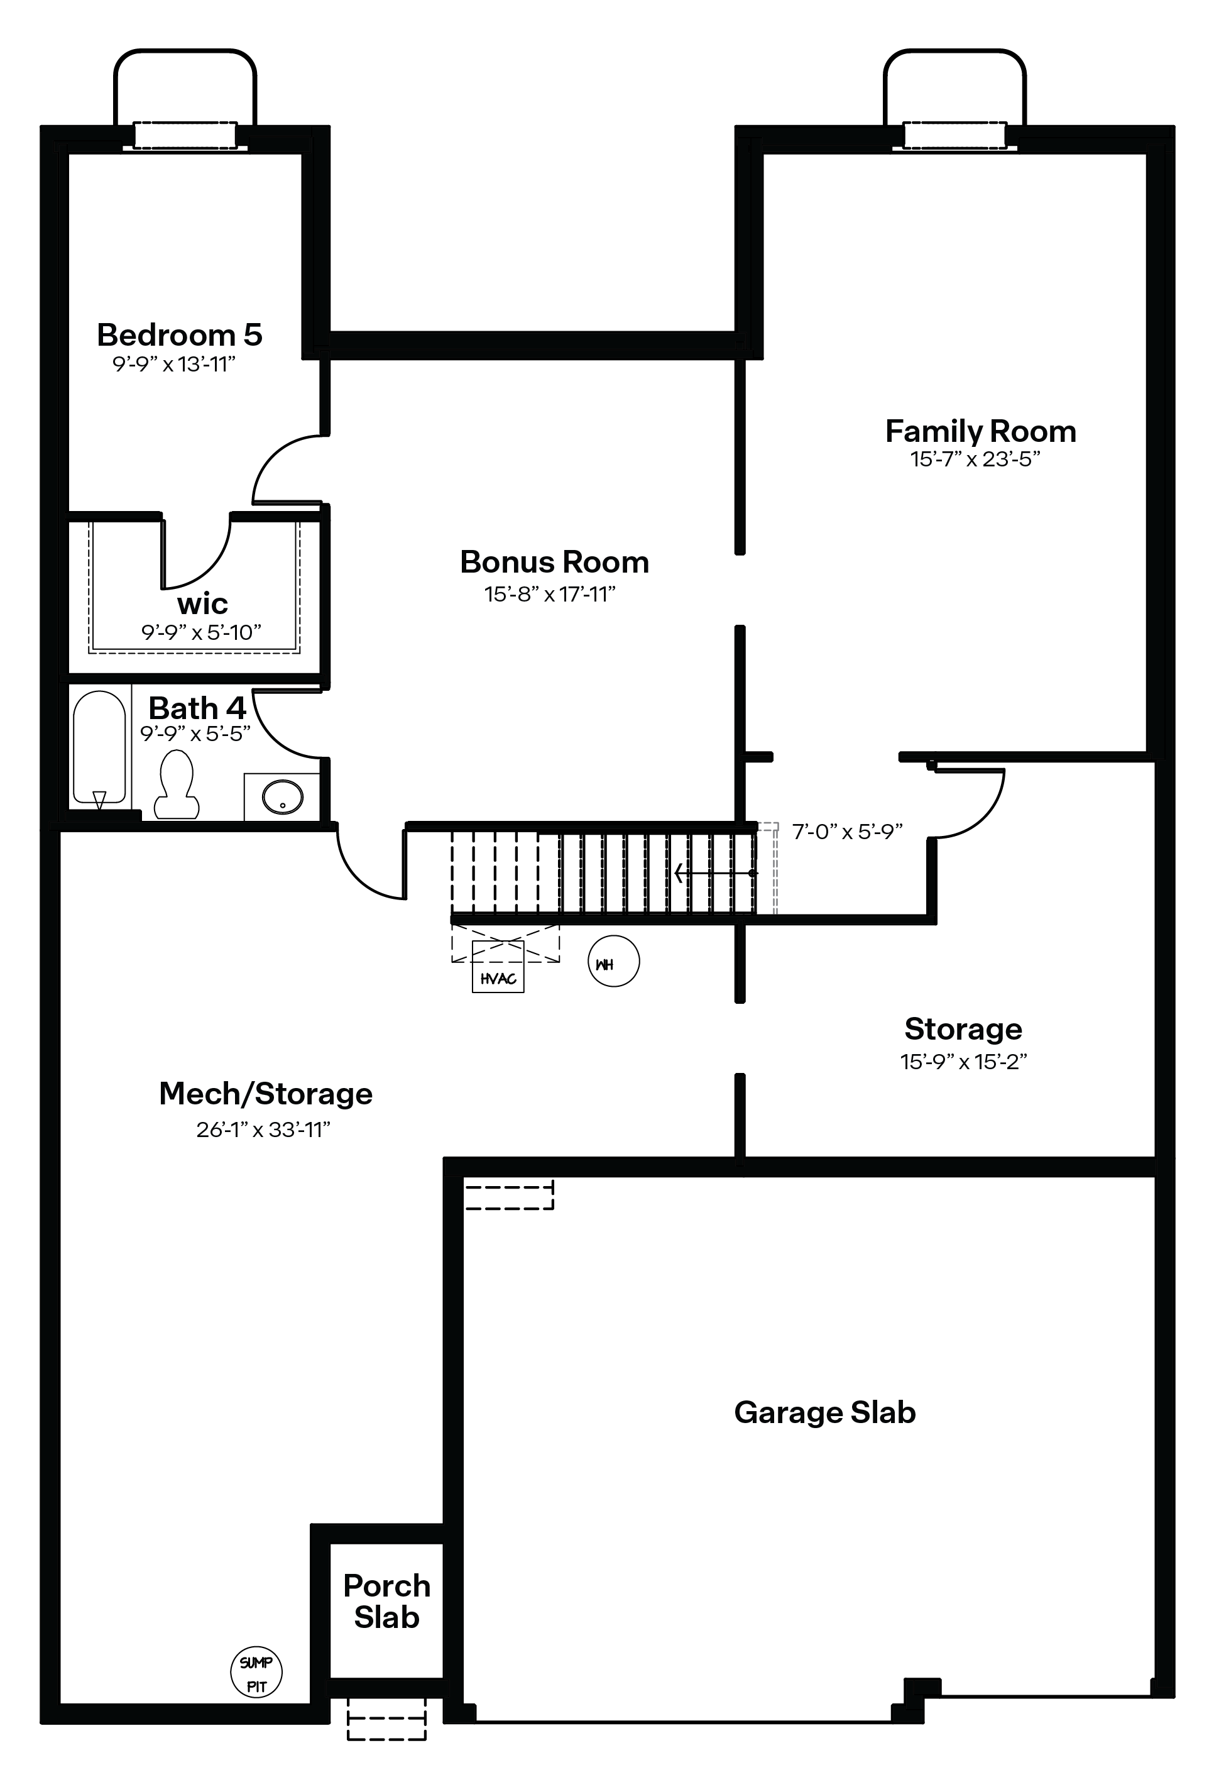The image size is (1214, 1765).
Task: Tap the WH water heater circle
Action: (x=614, y=962)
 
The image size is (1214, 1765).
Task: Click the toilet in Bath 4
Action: (x=177, y=784)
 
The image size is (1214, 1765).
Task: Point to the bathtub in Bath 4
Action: (x=99, y=748)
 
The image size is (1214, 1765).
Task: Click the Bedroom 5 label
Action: (x=180, y=335)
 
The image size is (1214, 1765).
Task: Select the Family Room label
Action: (x=980, y=431)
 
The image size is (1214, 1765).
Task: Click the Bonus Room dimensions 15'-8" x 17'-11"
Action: (x=550, y=594)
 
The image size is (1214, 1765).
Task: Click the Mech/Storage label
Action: (x=265, y=1094)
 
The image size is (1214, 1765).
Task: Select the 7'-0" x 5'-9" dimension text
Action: (x=848, y=832)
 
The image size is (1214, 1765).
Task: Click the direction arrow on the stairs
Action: (x=714, y=872)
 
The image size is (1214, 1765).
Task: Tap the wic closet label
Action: (x=202, y=604)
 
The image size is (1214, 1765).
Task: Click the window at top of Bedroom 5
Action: (x=185, y=135)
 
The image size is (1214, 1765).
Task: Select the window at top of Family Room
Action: (x=954, y=135)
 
